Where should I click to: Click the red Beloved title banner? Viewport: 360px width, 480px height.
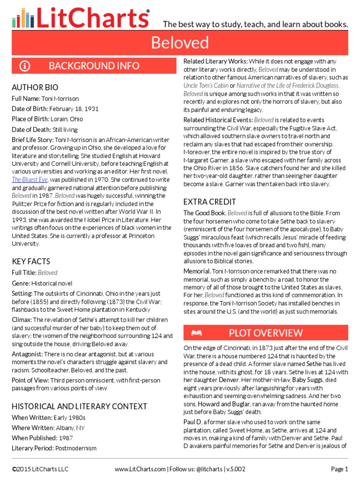point(180,43)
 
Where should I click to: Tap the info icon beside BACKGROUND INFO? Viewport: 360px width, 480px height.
point(25,66)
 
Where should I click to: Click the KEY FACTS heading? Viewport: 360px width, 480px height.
point(30,261)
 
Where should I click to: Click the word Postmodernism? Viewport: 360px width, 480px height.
point(76,448)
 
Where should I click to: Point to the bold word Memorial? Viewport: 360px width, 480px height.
point(196,271)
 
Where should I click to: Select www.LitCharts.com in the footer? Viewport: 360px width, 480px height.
point(140,469)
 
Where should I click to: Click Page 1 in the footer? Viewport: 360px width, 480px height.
point(339,469)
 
